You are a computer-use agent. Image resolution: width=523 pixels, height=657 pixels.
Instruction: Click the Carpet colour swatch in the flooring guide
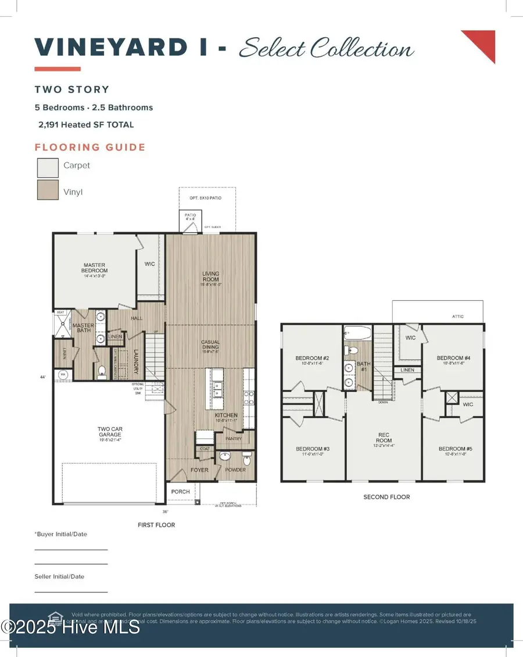click(47, 168)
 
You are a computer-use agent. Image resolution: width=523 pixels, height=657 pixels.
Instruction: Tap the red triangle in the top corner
click(482, 44)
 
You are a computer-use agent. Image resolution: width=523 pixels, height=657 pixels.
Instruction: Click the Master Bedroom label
click(94, 268)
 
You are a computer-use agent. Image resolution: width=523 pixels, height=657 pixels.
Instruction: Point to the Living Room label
click(210, 276)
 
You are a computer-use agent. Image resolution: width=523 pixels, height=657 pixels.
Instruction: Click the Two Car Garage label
click(110, 432)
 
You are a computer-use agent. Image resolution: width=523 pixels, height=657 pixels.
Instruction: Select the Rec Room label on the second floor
click(384, 437)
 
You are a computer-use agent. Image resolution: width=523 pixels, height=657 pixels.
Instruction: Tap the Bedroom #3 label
click(313, 449)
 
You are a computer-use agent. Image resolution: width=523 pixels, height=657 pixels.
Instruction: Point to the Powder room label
click(235, 470)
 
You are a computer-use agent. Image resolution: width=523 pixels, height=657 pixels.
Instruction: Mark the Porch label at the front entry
click(181, 492)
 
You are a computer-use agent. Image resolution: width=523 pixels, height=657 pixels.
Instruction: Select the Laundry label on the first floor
click(135, 361)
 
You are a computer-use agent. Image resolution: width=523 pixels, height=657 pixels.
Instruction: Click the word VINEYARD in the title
click(110, 47)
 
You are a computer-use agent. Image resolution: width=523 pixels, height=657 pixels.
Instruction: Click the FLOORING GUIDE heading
click(90, 147)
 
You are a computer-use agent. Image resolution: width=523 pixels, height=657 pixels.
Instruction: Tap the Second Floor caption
click(386, 497)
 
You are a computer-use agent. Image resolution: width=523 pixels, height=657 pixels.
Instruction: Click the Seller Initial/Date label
click(59, 577)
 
